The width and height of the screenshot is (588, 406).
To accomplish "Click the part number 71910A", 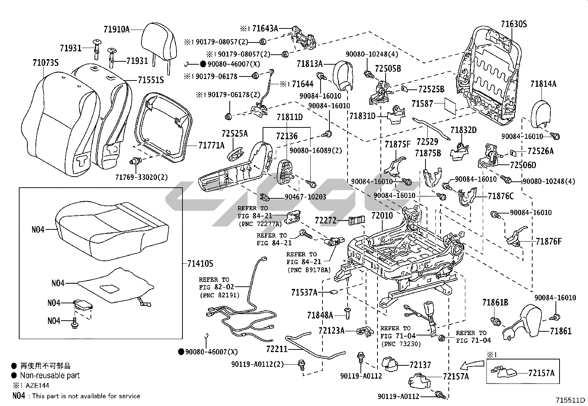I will point(116,29).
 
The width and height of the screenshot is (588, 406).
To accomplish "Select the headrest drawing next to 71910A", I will point(157,39).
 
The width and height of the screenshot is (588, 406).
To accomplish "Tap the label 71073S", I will point(45,63).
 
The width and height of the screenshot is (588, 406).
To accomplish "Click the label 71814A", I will point(543,84).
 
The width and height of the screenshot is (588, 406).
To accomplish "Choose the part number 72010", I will point(382,215).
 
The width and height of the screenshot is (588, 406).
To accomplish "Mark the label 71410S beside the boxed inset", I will point(200,264).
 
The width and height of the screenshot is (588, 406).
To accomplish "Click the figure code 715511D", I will point(571,400).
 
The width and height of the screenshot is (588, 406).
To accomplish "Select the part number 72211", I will point(277,348).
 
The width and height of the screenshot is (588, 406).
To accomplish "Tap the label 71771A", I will point(211,146).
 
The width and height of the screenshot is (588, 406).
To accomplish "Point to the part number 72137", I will point(420,365).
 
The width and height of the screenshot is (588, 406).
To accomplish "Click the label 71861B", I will point(495,303).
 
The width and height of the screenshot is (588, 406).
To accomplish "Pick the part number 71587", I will point(422,104).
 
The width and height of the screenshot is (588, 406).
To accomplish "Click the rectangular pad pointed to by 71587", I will point(450,105).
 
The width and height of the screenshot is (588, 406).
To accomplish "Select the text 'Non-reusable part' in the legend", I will point(50,376).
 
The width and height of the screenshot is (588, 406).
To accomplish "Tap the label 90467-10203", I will point(305,197).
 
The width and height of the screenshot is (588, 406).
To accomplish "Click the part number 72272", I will point(325,221).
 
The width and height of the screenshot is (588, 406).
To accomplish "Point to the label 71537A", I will point(304,293).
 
